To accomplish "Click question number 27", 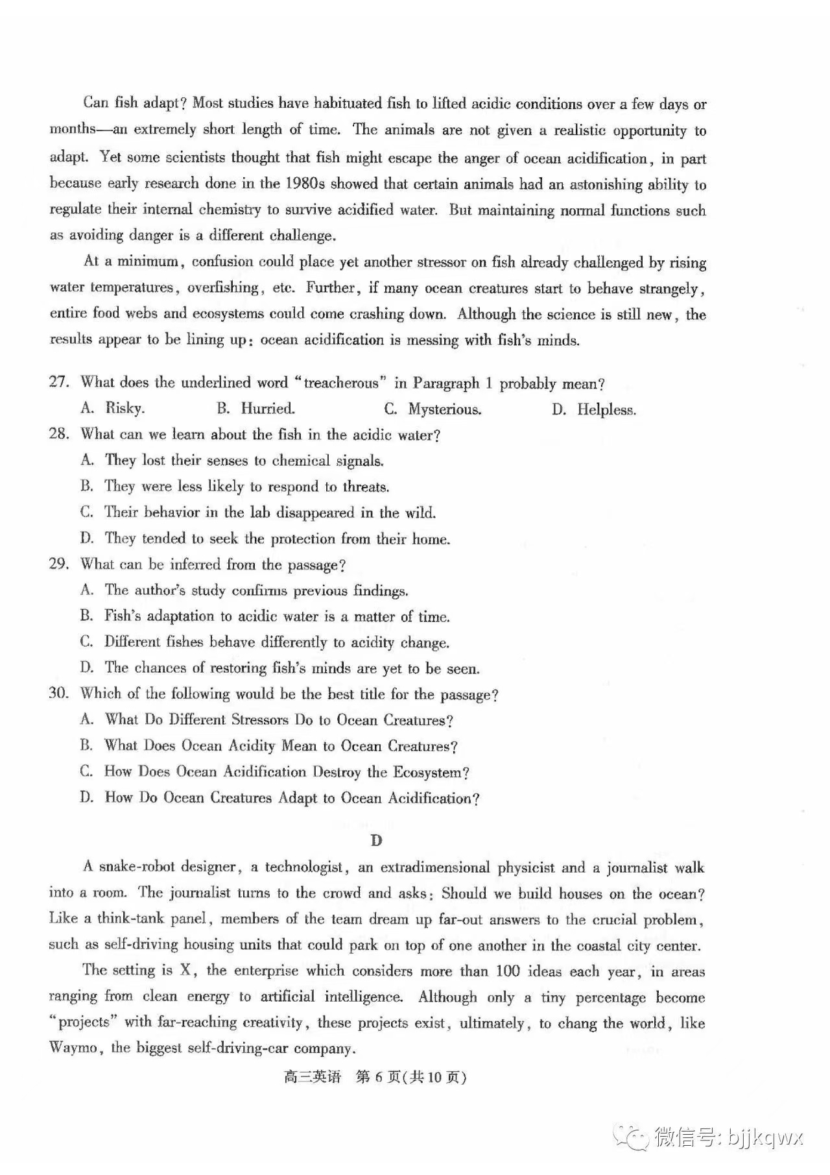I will [58, 382].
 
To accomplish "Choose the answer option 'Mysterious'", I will [444, 409].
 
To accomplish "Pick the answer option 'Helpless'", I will [606, 409].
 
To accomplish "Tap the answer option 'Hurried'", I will [267, 408].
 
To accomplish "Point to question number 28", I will [58, 433].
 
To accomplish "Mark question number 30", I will [58, 693].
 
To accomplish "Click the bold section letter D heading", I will [376, 840].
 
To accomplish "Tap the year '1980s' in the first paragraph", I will [305, 184].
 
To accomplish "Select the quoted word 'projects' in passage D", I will [84, 1023].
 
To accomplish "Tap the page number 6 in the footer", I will [380, 1078].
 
